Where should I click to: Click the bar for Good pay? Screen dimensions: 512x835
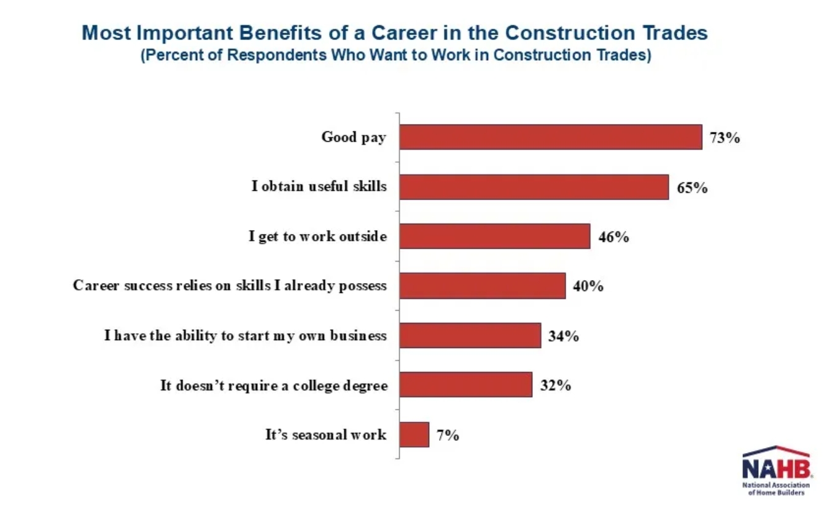pyautogui.click(x=550, y=137)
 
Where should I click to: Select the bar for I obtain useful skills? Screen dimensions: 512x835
pyautogui.click(x=534, y=187)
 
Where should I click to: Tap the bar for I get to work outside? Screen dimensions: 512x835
pyautogui.click(x=494, y=236)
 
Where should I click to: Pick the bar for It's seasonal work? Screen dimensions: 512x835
pyautogui.click(x=414, y=435)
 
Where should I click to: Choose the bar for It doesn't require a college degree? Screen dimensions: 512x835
pyautogui.click(x=465, y=385)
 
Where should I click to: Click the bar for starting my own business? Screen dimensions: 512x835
pyautogui.click(x=470, y=336)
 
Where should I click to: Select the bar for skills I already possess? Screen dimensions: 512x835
pyautogui.click(x=482, y=286)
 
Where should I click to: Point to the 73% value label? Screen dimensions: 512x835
pyautogui.click(x=724, y=138)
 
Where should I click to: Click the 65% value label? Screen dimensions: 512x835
pyautogui.click(x=692, y=187)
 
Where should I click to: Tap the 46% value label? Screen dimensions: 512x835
pyautogui.click(x=613, y=237)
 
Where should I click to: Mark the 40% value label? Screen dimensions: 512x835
pyautogui.click(x=588, y=287)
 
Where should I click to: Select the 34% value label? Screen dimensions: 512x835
pyautogui.click(x=564, y=336)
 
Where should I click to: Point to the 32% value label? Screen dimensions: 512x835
pyautogui.click(x=556, y=386)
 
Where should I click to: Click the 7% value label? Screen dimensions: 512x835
pyautogui.click(x=448, y=436)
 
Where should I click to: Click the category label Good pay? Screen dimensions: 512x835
pyautogui.click(x=354, y=137)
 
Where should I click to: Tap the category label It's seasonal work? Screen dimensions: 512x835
pyautogui.click(x=326, y=435)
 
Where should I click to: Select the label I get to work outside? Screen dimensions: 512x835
pyautogui.click(x=318, y=236)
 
